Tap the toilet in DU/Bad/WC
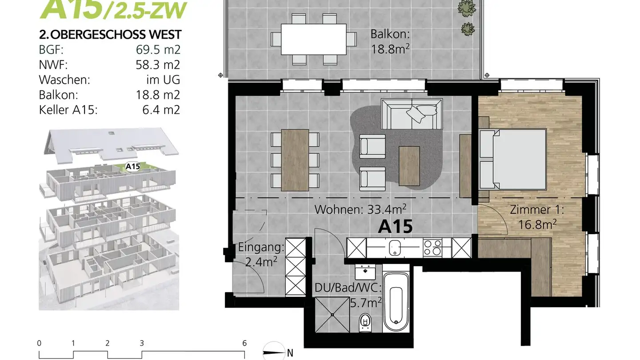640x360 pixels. coord(365,321)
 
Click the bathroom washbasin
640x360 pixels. coord(366,271)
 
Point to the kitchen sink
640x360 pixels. coord(394,248)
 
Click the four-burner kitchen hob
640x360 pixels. coord(432,248)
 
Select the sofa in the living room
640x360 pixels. coord(412,114)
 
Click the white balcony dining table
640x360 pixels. coord(314,39)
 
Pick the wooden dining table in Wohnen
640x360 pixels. coord(295,160)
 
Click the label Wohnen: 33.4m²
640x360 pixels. coord(360,209)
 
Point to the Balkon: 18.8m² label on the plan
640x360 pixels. coord(390,41)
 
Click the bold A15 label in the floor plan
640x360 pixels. coord(395,227)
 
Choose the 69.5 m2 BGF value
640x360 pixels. coord(158,50)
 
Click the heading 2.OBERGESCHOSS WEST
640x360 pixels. coord(110,35)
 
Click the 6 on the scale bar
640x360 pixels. coord(244,343)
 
